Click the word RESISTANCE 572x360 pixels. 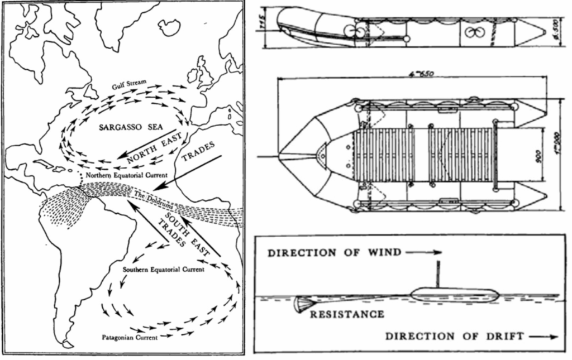pyautogui.click(x=347, y=314)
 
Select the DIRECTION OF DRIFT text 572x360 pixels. pyautogui.click(x=454, y=336)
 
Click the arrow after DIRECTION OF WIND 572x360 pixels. pyautogui.click(x=424, y=253)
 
